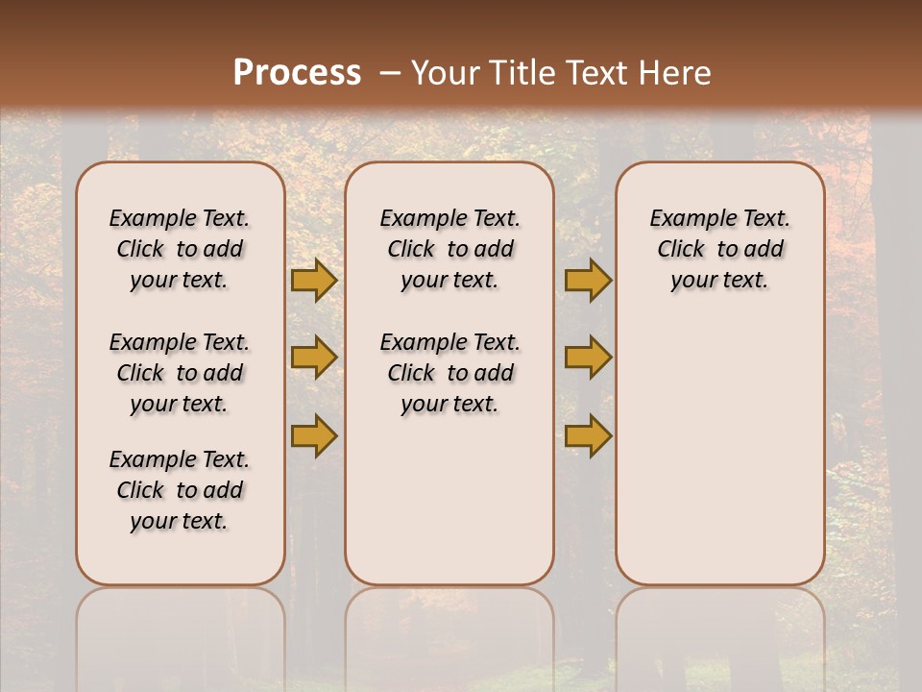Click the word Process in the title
point(297,73)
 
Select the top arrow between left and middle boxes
point(314,281)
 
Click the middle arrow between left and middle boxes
point(314,358)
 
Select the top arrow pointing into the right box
point(588,281)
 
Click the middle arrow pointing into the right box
point(588,358)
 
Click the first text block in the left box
point(180,249)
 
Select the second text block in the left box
point(180,373)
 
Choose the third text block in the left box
point(180,490)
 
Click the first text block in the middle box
point(449,249)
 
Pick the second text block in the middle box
point(449,373)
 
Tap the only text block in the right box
point(719,249)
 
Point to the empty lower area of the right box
point(719,452)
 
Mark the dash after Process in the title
point(390,73)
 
